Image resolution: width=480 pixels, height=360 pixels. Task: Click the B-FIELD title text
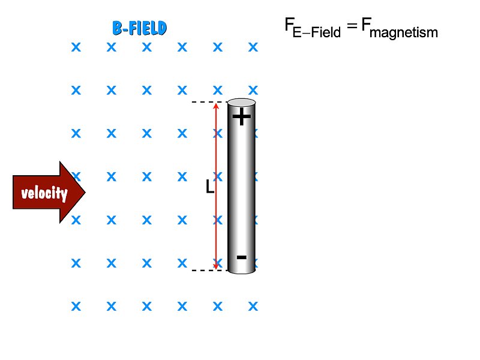click(140, 28)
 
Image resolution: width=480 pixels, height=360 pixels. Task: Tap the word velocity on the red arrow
click(44, 193)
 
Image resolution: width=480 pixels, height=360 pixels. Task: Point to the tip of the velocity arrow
click(86, 192)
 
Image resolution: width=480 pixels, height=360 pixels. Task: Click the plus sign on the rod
click(242, 116)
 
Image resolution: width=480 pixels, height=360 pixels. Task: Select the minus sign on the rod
click(242, 257)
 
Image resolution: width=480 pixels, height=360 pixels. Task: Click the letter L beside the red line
click(209, 187)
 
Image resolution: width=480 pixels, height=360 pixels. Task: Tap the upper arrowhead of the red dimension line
click(216, 106)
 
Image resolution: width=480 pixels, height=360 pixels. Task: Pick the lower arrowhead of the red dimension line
click(216, 266)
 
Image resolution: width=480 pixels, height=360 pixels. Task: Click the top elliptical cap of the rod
click(242, 102)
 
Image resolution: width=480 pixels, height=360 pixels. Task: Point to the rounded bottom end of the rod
click(242, 271)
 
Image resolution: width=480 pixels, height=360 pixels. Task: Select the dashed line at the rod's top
click(209, 102)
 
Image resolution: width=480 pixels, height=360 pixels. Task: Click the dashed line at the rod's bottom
click(209, 271)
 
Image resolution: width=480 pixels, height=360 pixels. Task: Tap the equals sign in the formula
click(352, 26)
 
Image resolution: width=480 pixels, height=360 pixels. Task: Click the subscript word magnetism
click(404, 32)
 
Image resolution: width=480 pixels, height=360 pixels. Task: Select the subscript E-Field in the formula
click(317, 32)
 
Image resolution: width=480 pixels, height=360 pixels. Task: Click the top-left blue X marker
click(76, 47)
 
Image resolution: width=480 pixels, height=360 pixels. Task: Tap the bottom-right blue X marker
click(253, 306)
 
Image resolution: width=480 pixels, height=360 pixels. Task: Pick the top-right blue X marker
click(253, 47)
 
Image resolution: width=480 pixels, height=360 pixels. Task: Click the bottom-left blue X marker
click(76, 306)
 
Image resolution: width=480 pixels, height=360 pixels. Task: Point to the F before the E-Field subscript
click(289, 24)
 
